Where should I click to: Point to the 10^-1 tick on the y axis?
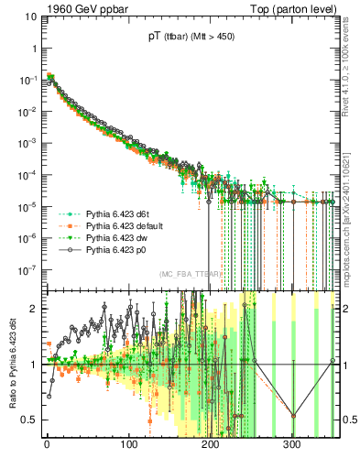26,80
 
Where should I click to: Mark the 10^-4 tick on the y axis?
26,175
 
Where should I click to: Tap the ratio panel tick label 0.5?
28,420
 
